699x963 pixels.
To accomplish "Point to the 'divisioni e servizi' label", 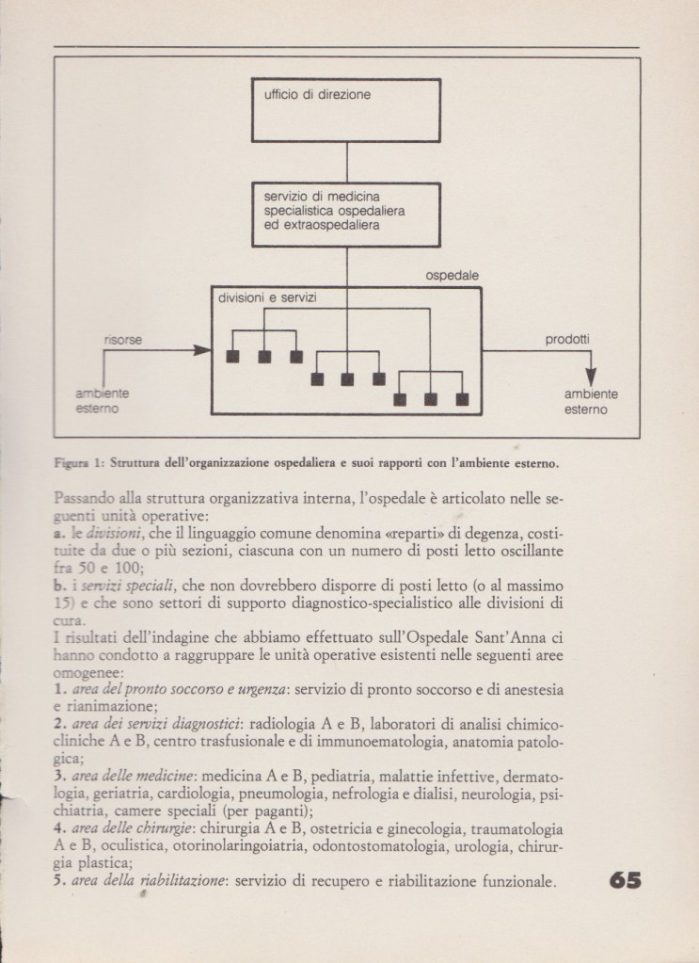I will pyautogui.click(x=266, y=298).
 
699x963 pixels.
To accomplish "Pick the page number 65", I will pyautogui.click(x=626, y=881).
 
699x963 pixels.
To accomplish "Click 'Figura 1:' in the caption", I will pyautogui.click(x=79, y=462).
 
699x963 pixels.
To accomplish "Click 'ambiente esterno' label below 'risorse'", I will pyautogui.click(x=103, y=402).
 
